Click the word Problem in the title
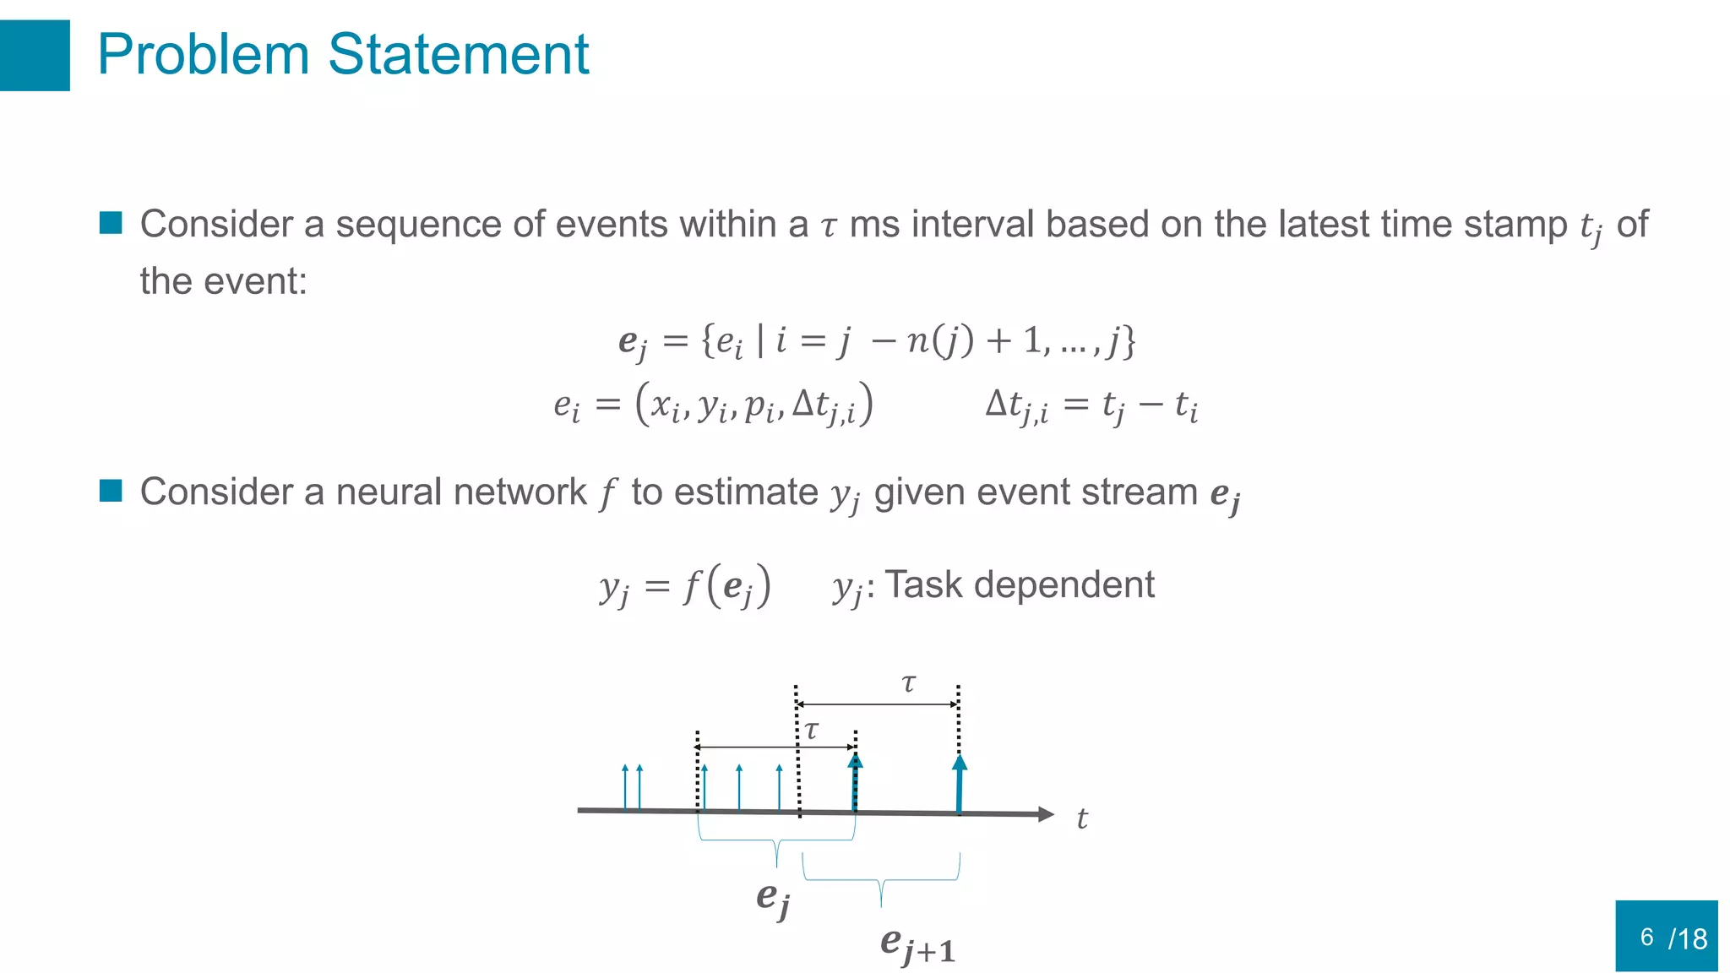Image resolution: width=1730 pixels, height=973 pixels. tap(204, 55)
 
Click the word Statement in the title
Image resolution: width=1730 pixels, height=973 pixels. tap(458, 55)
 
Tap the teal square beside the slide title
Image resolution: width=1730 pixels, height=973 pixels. tap(34, 55)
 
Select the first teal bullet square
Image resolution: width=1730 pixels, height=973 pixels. tap(111, 223)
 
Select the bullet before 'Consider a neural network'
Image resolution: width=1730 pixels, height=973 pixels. tap(111, 491)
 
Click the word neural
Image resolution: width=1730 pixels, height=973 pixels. tap(388, 492)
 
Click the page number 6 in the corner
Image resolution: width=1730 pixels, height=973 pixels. tap(1646, 937)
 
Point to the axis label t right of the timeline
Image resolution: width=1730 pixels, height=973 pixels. tap(1082, 818)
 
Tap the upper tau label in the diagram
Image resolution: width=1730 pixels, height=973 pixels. tap(908, 683)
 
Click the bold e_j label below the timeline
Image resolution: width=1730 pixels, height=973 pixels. tap(772, 898)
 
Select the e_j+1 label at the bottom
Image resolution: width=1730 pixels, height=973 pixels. tap(917, 944)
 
